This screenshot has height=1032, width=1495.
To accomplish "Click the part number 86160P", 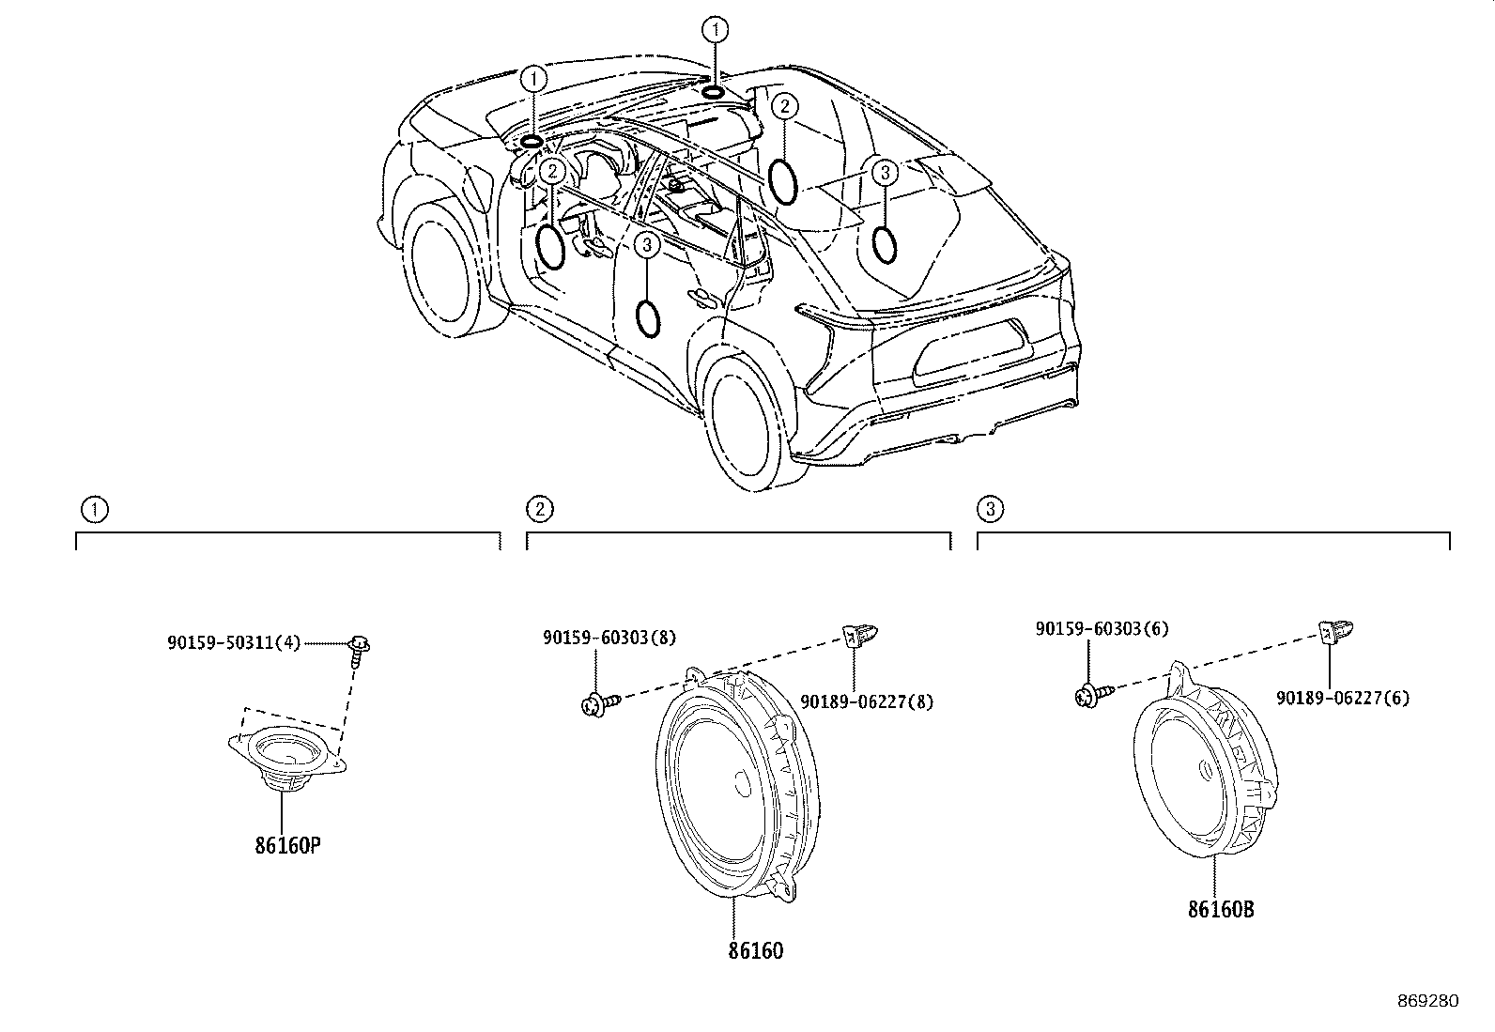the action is (287, 846).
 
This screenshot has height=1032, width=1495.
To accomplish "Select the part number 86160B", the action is (1221, 909).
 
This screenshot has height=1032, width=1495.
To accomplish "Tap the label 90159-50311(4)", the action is (234, 643).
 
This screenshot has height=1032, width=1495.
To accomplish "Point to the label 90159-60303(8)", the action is (609, 638).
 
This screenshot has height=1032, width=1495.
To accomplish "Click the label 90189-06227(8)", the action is (867, 701).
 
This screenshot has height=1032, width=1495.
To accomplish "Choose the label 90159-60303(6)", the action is (1102, 629).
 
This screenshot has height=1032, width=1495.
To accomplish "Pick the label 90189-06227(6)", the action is (1343, 698).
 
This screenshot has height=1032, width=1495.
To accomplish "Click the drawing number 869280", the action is (1428, 1001).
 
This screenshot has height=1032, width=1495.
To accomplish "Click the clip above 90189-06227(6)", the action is (1335, 631).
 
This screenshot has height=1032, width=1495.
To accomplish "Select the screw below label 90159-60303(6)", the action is (1095, 697).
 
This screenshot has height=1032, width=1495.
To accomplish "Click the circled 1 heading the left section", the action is (95, 510).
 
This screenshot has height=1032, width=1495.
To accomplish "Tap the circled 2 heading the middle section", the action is (539, 509).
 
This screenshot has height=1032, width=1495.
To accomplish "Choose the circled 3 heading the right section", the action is (990, 509).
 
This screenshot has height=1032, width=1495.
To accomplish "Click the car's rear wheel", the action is (747, 421).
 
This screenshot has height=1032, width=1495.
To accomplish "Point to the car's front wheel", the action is (440, 270).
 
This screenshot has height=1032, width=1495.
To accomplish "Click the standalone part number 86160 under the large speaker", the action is (756, 950).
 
